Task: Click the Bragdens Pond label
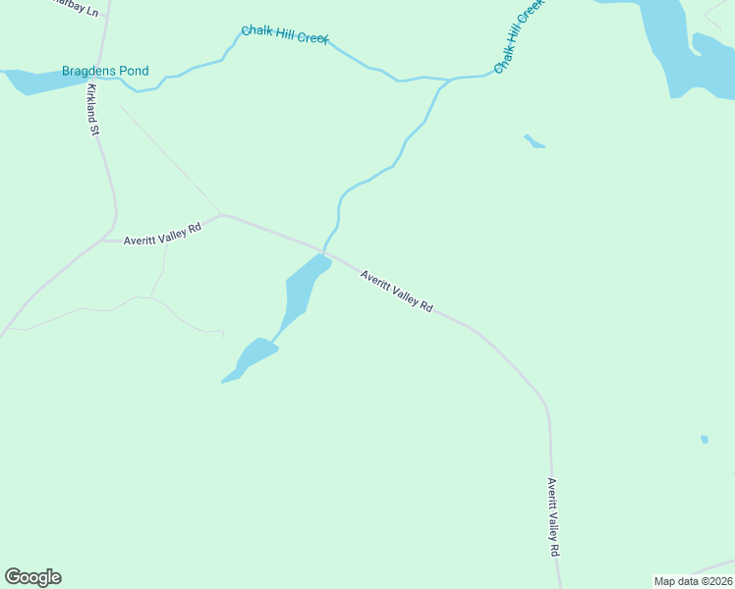[105, 71]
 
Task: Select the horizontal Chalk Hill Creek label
[285, 35]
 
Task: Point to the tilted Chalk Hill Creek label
[518, 37]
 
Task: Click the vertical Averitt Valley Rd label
[554, 517]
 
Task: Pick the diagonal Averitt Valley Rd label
[396, 292]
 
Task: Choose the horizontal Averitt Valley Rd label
[162, 233]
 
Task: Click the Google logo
[32, 577]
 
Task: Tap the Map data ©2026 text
[693, 581]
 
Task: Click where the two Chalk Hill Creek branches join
[451, 79]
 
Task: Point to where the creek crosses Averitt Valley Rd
[324, 250]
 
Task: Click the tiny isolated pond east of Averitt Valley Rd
[704, 439]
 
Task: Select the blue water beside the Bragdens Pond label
[34, 81]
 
